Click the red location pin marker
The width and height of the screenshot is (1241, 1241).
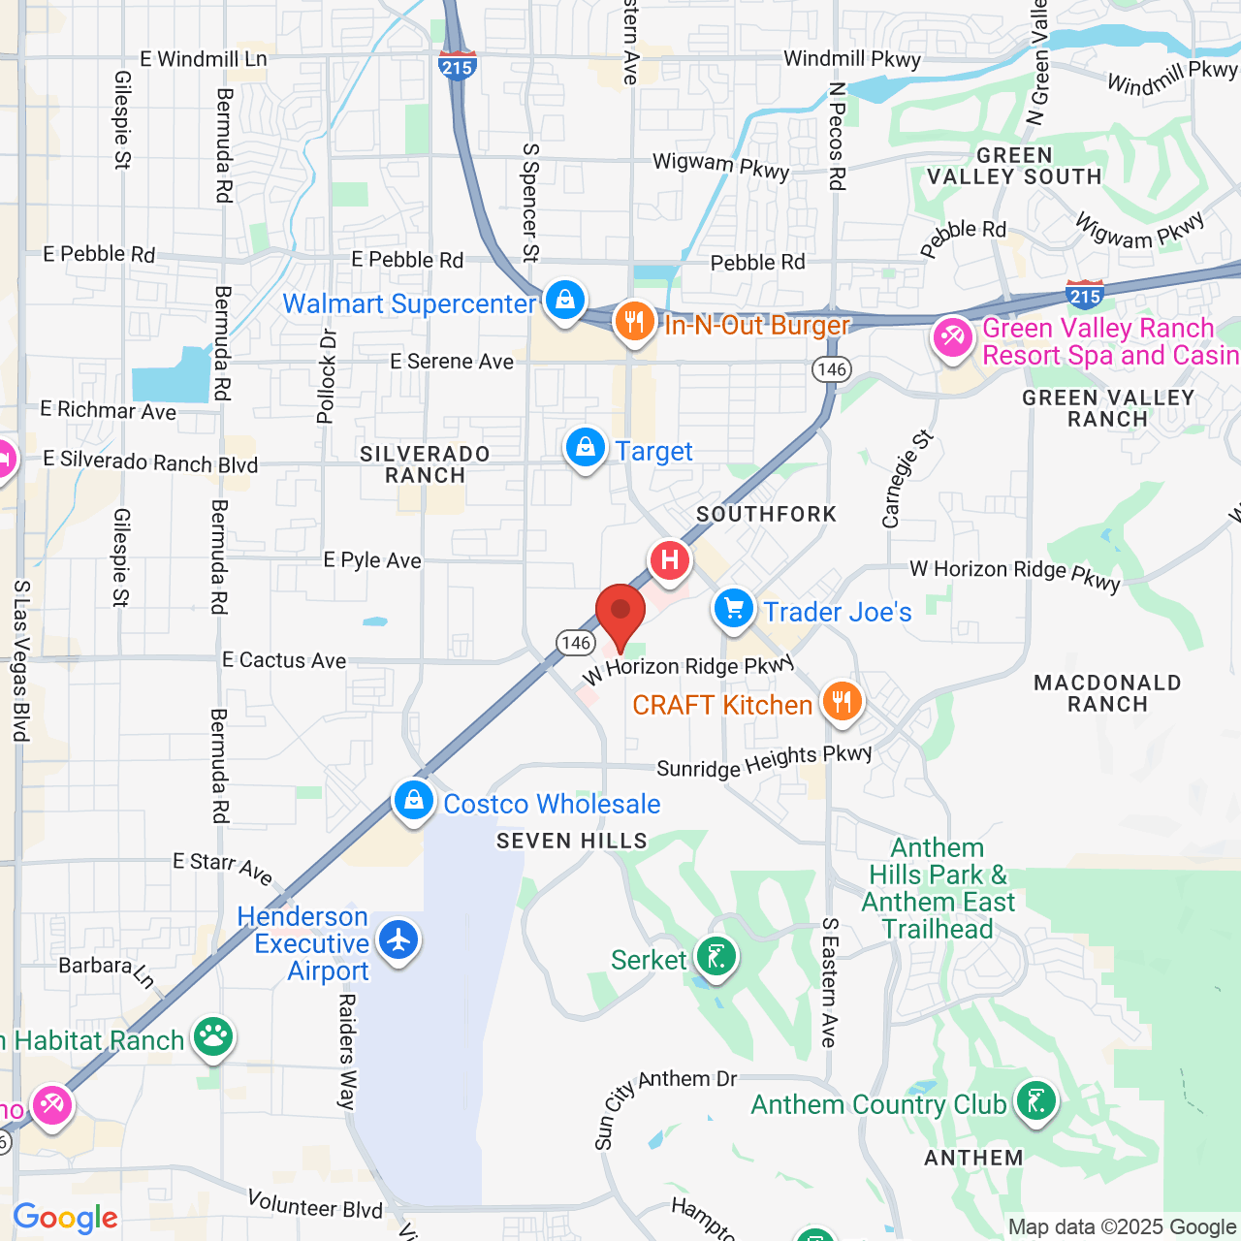[620, 613]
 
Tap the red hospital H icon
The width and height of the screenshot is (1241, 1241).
[669, 560]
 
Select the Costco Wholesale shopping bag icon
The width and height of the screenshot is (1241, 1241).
[414, 801]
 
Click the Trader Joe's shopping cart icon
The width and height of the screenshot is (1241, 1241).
[734, 609]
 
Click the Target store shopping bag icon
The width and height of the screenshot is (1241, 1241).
[586, 448]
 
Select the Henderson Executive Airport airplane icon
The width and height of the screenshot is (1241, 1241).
[398, 939]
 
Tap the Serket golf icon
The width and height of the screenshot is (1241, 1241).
[716, 958]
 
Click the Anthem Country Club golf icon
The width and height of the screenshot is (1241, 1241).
[1036, 1101]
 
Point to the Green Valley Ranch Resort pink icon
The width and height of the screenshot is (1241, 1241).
[953, 338]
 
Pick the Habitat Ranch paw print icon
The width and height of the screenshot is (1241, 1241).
[213, 1037]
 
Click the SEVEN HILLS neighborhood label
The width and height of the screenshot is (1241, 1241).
[572, 841]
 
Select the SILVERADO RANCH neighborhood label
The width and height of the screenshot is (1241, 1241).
[425, 464]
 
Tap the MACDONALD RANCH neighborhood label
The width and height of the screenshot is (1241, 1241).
[1107, 693]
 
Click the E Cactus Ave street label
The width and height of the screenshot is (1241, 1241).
[284, 660]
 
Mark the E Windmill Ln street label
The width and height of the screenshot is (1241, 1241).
[204, 59]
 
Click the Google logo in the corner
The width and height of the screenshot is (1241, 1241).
[66, 1218]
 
